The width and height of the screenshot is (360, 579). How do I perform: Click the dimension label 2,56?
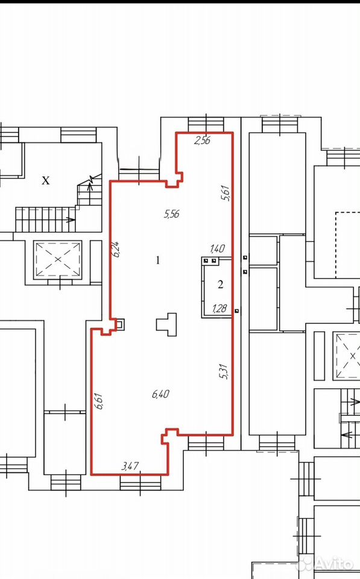tap(203, 141)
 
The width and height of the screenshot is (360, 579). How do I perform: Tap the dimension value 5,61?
tap(226, 193)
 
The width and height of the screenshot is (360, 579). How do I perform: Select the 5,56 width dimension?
tap(172, 214)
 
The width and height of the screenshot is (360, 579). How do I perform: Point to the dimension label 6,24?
tap(117, 249)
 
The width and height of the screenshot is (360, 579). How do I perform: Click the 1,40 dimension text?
tap(217, 248)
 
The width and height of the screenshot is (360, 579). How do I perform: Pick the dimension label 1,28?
tap(219, 308)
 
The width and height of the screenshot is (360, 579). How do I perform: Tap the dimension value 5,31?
tap(224, 372)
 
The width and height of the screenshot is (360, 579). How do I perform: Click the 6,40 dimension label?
tap(160, 394)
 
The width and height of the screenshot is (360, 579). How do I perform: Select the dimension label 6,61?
tap(98, 401)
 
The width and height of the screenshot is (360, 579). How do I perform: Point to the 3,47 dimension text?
tap(130, 466)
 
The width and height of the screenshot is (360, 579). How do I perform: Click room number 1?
tap(158, 261)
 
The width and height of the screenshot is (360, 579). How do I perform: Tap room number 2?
tap(221, 284)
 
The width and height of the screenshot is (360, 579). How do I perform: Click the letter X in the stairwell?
tap(45, 180)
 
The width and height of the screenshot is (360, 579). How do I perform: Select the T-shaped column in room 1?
tap(166, 324)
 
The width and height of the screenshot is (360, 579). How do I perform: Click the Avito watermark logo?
tap(325, 564)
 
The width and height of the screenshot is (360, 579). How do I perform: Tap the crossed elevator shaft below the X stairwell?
tap(58, 259)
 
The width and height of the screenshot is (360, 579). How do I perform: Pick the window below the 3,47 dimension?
tap(141, 482)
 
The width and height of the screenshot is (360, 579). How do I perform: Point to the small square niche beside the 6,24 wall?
tap(121, 324)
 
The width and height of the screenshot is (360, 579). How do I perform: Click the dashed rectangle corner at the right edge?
tap(336, 212)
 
